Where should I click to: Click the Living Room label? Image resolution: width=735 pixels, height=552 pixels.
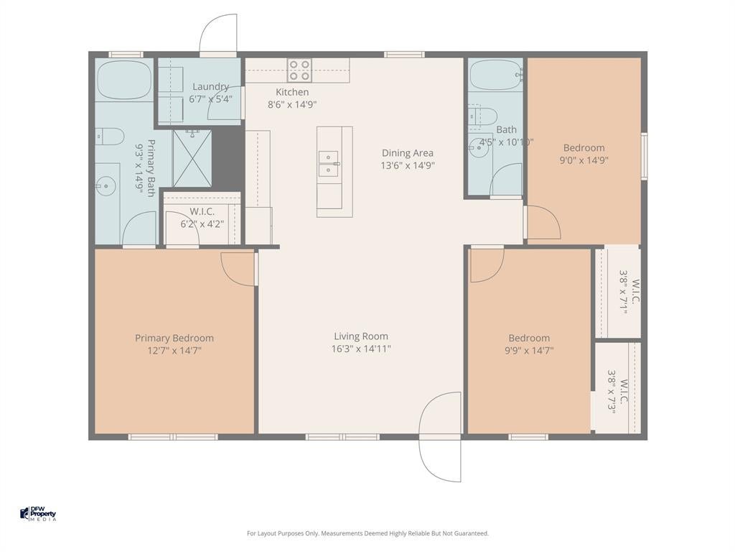pyautogui.click(x=361, y=336)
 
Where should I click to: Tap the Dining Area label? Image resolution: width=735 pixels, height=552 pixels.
pyautogui.click(x=408, y=153)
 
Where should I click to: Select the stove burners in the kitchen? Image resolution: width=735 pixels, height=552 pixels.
pyautogui.click(x=299, y=70)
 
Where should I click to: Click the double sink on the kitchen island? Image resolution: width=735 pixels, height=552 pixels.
pyautogui.click(x=329, y=163)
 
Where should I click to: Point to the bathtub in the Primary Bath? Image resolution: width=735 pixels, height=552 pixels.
pyautogui.click(x=124, y=79)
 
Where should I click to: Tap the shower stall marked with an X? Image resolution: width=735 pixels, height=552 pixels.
pyautogui.click(x=192, y=159)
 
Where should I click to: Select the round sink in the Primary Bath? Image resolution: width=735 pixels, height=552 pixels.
pyautogui.click(x=107, y=187)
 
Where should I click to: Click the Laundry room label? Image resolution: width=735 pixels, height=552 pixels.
pyautogui.click(x=210, y=86)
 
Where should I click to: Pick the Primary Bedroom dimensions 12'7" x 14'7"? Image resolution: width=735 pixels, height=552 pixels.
pyautogui.click(x=174, y=350)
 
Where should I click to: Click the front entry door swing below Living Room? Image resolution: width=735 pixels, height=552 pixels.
pyautogui.click(x=440, y=436)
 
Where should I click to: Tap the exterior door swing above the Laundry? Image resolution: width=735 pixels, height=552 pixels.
pyautogui.click(x=218, y=34)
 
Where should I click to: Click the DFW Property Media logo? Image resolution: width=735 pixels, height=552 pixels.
pyautogui.click(x=38, y=513)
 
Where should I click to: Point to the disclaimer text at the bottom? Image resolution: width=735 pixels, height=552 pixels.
pyautogui.click(x=367, y=533)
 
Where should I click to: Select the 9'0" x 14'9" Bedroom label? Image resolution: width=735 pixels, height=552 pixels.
pyautogui.click(x=584, y=154)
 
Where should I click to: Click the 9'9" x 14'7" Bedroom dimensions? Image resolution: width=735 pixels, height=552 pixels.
pyautogui.click(x=529, y=350)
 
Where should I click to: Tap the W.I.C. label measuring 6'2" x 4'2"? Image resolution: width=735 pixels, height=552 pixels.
pyautogui.click(x=202, y=218)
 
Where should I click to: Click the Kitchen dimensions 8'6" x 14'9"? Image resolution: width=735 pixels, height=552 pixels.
pyautogui.click(x=292, y=105)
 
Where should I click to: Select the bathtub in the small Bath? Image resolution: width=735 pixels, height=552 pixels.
pyautogui.click(x=496, y=75)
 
